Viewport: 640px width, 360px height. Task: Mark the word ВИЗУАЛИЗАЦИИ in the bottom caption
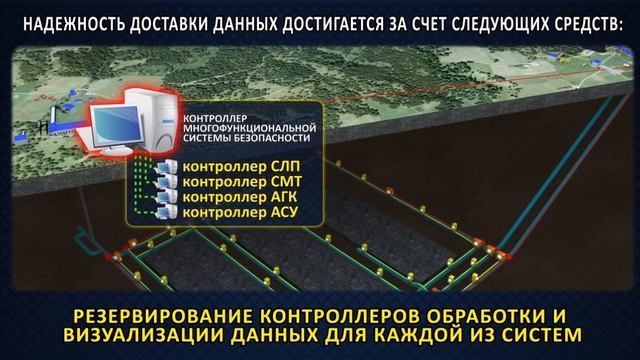[x=135, y=330]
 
